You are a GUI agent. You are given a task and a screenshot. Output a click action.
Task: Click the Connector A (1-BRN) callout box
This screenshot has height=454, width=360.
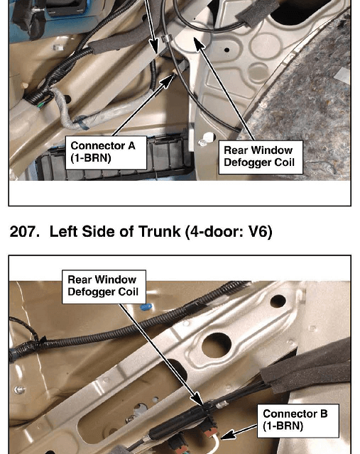point(106,153)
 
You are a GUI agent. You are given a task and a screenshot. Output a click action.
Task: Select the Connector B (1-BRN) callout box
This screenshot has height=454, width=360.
point(298,421)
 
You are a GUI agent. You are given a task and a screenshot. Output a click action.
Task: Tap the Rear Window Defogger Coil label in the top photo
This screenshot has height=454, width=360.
point(261,157)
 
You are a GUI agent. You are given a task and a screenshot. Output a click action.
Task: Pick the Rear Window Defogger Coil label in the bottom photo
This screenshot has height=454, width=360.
point(104,287)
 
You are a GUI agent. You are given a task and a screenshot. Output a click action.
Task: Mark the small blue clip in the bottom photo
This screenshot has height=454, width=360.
point(146,306)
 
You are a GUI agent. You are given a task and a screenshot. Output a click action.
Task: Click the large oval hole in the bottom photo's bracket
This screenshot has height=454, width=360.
point(217,345)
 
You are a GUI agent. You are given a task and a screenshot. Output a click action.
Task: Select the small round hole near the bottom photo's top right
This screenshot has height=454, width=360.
point(278,301)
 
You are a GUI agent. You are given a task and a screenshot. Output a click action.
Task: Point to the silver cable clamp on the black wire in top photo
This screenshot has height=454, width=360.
point(166,38)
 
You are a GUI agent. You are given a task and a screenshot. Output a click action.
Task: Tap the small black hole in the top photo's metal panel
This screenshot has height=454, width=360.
point(227,50)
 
